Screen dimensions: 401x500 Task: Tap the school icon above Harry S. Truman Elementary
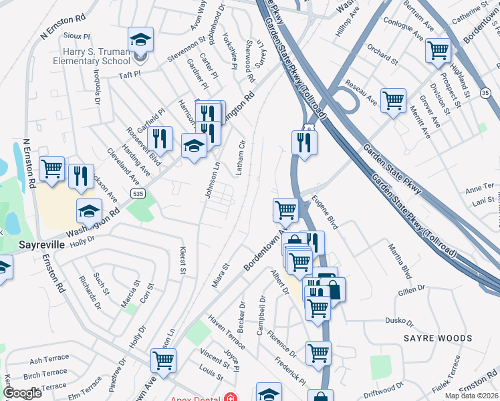point(140,41)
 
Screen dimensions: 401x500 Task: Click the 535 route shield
point(138,194)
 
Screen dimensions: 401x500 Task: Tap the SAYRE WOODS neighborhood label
point(437,338)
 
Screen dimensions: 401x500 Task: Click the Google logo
point(22,393)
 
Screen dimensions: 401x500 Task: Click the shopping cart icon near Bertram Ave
point(438,50)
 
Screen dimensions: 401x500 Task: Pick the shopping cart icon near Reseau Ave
point(393,101)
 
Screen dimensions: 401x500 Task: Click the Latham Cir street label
point(241,157)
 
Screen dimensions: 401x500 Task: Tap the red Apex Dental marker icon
point(231,396)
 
